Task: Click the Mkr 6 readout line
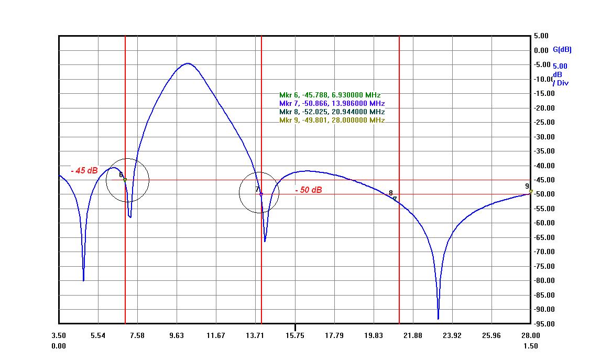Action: point(330,95)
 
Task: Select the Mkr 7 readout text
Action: point(332,104)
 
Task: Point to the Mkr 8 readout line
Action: point(332,112)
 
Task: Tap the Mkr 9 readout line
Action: point(332,121)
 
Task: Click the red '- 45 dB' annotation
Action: point(84,171)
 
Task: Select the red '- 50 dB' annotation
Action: point(308,190)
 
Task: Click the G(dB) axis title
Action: point(562,50)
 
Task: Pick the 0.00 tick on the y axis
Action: point(542,50)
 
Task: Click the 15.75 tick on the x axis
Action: point(295,335)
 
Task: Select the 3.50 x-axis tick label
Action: point(59,335)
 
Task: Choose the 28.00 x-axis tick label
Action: point(530,335)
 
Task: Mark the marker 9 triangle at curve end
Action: point(531,192)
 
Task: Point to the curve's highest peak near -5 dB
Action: point(188,63)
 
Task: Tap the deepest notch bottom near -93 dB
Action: point(438,318)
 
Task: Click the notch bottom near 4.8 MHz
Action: point(83,280)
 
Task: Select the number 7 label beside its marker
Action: point(257,189)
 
